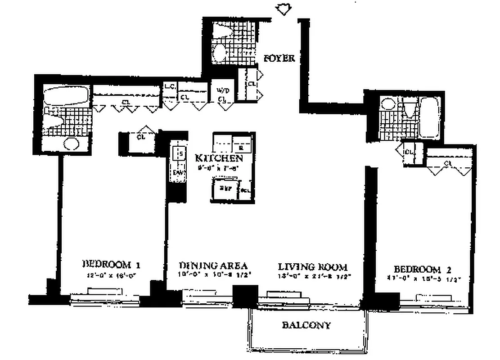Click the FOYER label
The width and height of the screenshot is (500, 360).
(x=279, y=58)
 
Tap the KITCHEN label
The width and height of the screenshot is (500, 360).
(x=219, y=158)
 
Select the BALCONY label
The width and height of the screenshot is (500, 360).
(x=306, y=325)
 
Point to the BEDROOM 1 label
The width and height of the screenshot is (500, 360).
(x=108, y=264)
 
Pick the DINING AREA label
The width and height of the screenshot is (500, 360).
(x=213, y=265)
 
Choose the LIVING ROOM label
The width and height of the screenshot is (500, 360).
(x=313, y=266)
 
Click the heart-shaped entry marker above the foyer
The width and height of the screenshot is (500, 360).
(x=284, y=9)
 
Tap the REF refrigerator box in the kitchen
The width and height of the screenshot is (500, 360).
(x=225, y=189)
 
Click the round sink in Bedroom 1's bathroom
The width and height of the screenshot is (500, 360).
(x=71, y=144)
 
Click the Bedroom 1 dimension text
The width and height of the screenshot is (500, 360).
(x=109, y=275)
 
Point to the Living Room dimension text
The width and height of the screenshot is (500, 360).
(x=314, y=277)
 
